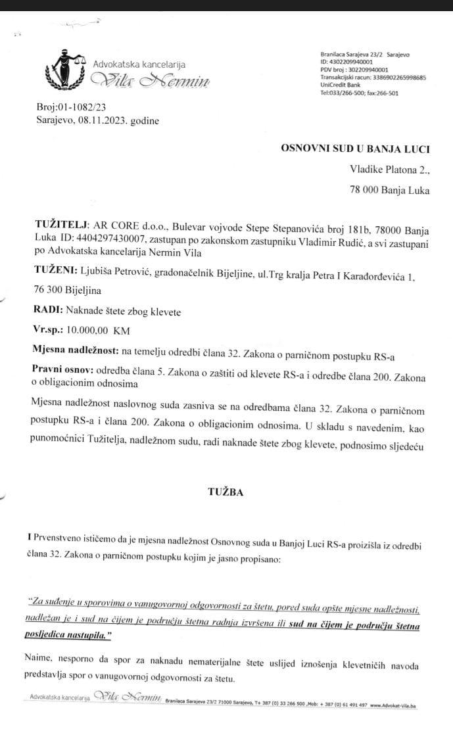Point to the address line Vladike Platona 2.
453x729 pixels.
[389, 170]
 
